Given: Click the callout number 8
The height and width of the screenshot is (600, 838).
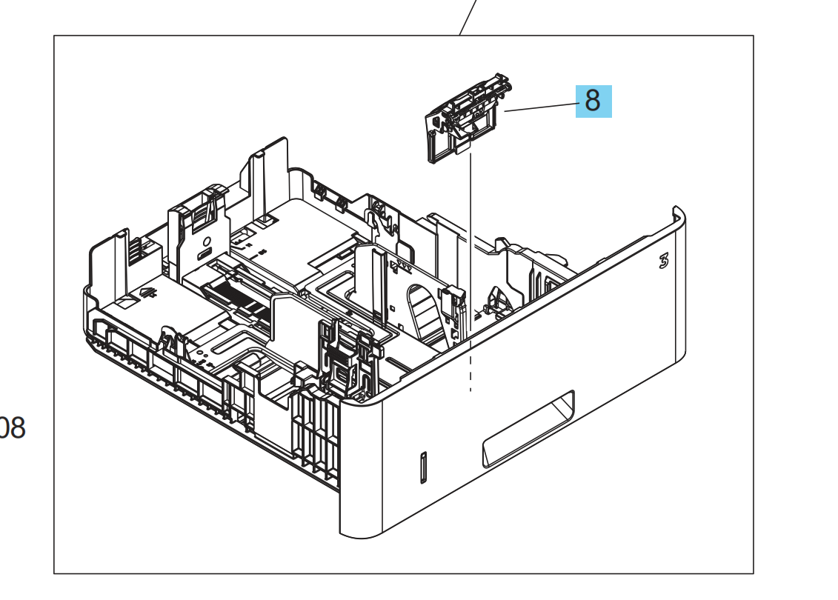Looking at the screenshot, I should (593, 100).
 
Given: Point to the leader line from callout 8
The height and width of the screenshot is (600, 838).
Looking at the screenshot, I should (541, 107).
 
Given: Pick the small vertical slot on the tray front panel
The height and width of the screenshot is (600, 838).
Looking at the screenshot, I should (423, 467).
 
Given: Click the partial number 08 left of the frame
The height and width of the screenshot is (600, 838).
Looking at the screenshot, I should (12, 428).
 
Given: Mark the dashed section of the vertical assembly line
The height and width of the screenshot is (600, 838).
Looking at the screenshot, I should (470, 370).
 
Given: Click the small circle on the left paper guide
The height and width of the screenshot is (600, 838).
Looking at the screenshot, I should (206, 241).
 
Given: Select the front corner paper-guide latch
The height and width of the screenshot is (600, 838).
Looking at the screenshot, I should (342, 359).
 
